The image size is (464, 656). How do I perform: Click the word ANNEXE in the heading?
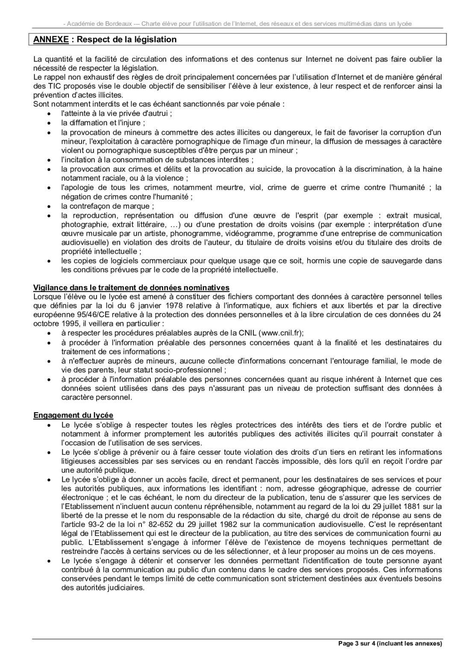coord(51,40)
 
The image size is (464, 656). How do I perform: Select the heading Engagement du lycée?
coord(73,415)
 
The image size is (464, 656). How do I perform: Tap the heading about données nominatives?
coord(131,287)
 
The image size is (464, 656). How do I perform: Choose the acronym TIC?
coord(50,86)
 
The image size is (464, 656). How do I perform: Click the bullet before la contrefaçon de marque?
coord(50,206)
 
